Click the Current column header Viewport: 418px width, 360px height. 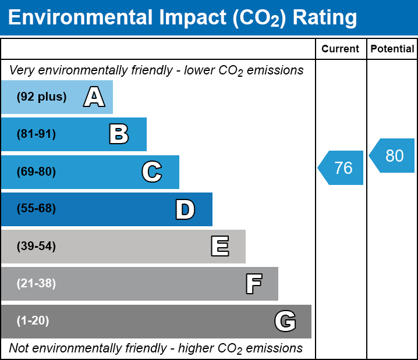(x=341, y=49)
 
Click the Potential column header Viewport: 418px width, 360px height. (x=392, y=49)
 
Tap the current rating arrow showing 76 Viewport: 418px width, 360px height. (x=342, y=168)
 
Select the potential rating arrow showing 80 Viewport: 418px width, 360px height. (x=393, y=156)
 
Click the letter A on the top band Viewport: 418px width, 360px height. (x=94, y=97)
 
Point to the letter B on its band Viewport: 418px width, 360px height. (x=119, y=134)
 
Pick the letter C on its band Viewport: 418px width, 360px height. (x=152, y=172)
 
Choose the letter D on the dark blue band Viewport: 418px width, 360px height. (x=185, y=209)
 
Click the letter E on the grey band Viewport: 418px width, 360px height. (x=219, y=247)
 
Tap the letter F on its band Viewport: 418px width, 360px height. (x=253, y=284)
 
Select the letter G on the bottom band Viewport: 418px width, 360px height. (x=285, y=321)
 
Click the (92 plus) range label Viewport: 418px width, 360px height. (x=41, y=97)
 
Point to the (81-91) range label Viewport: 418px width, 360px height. (x=36, y=134)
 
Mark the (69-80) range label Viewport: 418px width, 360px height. (x=36, y=172)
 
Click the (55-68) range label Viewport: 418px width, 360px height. (x=36, y=209)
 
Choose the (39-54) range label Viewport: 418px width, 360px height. (x=36, y=247)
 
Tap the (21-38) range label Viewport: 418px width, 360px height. (x=36, y=284)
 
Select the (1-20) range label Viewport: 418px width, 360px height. (x=33, y=321)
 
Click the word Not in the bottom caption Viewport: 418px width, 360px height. (x=19, y=348)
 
